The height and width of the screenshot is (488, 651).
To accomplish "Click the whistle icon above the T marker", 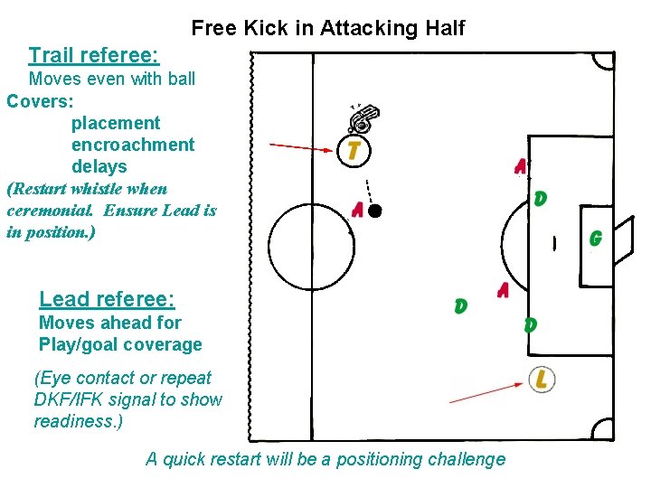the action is click(x=363, y=118).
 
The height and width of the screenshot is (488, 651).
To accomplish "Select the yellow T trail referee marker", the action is click(x=354, y=150).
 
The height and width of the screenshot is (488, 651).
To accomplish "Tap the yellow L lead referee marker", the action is click(x=541, y=380).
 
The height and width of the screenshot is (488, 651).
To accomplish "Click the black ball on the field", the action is click(x=375, y=211).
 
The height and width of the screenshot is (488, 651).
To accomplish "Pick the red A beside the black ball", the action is click(x=358, y=211).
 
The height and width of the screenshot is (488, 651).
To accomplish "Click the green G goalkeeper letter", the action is click(x=595, y=239).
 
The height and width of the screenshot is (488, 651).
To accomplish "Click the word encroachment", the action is click(x=132, y=145).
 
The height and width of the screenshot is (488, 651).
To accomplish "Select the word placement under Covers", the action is click(x=115, y=123).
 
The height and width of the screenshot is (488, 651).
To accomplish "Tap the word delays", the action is click(x=99, y=166).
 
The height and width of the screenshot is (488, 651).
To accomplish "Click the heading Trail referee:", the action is click(x=94, y=56).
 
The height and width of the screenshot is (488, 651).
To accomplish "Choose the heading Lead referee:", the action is click(x=107, y=299).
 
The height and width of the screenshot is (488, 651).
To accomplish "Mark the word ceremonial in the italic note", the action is click(x=50, y=211).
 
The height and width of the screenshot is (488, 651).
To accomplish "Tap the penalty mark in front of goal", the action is click(x=554, y=242).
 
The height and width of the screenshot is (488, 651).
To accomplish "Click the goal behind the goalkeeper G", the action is click(x=624, y=239).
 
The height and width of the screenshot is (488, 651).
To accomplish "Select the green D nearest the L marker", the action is click(x=530, y=324).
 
